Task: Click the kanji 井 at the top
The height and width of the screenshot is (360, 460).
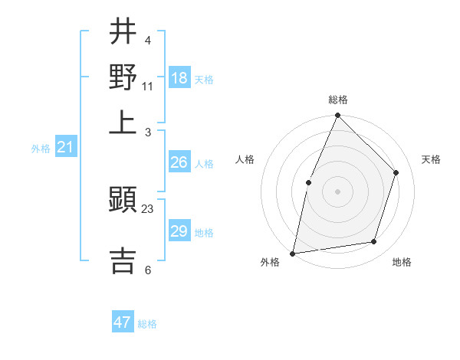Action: click(x=123, y=32)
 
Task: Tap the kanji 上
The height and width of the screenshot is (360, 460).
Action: click(x=123, y=120)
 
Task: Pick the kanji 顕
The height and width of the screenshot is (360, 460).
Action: click(x=123, y=201)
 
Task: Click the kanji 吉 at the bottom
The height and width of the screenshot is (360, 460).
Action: click(x=123, y=260)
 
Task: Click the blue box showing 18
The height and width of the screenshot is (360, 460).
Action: click(x=179, y=78)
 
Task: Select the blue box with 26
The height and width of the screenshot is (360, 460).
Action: click(x=179, y=162)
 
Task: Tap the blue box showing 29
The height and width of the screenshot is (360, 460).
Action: click(x=179, y=231)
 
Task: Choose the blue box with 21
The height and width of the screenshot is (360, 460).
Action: click(x=65, y=147)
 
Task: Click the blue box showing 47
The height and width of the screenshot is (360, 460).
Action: click(x=123, y=322)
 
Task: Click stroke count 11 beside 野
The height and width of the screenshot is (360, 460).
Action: click(x=148, y=86)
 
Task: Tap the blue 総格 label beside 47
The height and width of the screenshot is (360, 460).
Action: click(x=147, y=324)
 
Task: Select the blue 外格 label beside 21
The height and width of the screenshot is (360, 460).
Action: click(x=41, y=149)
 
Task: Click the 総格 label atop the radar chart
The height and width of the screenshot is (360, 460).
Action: click(x=338, y=100)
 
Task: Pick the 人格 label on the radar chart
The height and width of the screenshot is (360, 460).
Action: click(x=245, y=159)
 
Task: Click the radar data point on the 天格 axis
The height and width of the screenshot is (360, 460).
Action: click(x=396, y=172)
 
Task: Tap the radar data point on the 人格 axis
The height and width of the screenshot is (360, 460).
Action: click(x=308, y=182)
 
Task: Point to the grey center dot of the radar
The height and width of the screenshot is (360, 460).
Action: click(x=337, y=191)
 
